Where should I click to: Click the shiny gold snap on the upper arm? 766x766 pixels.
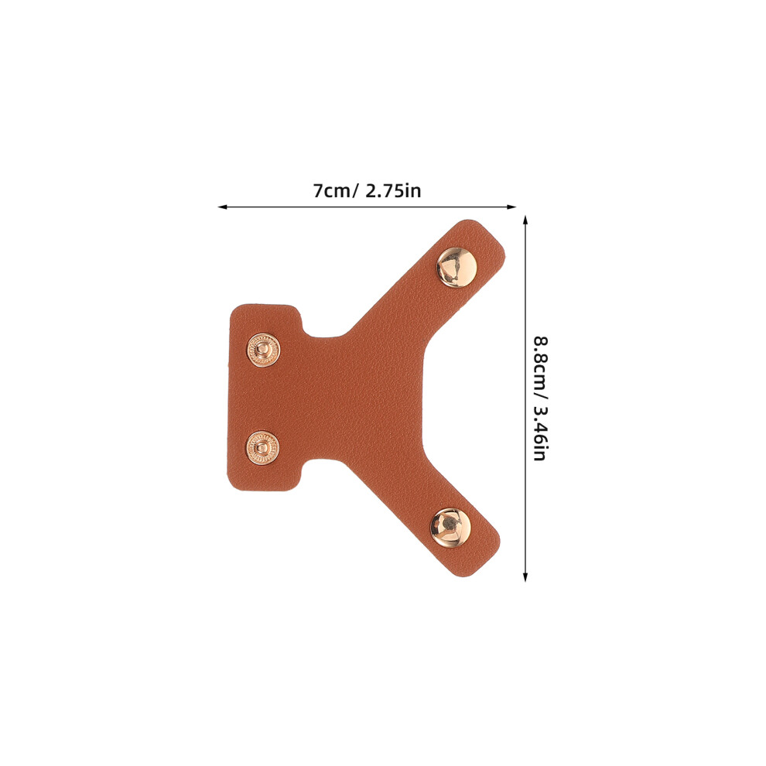tap(457, 267)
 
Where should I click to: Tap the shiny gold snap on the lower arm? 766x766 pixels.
tap(450, 528)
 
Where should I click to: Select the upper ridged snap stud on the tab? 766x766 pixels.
tap(263, 350)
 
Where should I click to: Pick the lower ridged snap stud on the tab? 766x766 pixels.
tap(263, 448)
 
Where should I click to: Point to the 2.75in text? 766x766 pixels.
tap(393, 190)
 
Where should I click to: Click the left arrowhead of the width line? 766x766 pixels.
tap(223, 207)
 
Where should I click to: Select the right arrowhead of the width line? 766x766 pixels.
tap(511, 207)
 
